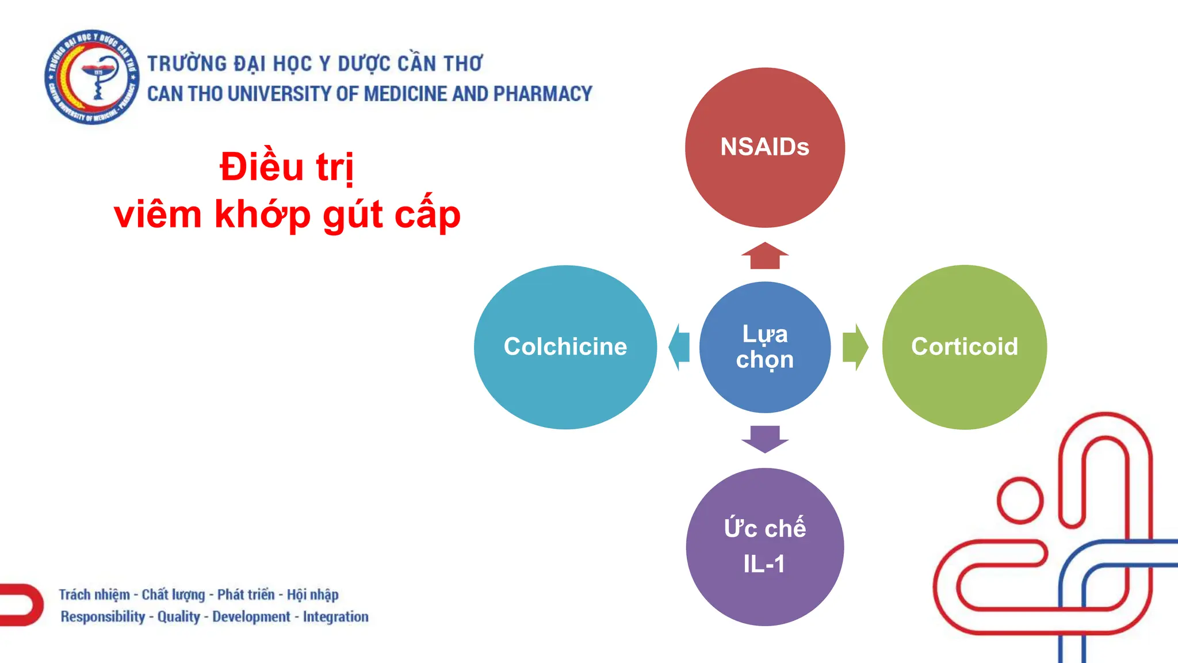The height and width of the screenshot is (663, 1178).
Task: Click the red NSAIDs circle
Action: click(764, 147)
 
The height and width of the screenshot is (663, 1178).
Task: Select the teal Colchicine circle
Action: click(565, 347)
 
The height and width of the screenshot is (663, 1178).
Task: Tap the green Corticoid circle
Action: click(965, 347)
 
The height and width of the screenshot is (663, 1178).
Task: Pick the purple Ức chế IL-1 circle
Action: click(764, 547)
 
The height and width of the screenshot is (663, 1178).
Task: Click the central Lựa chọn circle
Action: click(764, 347)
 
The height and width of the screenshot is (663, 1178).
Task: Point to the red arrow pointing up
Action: click(764, 256)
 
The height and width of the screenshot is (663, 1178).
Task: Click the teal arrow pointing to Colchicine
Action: click(679, 347)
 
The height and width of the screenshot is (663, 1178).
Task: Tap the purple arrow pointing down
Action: click(764, 439)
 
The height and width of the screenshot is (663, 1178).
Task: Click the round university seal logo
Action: click(92, 77)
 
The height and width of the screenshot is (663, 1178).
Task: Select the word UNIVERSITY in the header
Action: click(280, 94)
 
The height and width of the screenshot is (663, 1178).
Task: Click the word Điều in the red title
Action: click(262, 167)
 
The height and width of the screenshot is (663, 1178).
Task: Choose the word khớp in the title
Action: click(262, 215)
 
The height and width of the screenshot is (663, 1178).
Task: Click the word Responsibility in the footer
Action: click(103, 616)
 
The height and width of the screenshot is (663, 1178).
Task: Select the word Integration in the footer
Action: click(335, 616)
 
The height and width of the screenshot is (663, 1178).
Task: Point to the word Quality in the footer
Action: click(178, 616)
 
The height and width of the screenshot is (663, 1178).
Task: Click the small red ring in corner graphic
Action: click(1020, 500)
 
